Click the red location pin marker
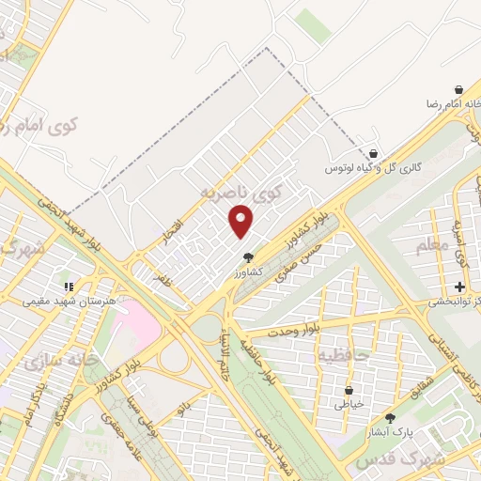241,222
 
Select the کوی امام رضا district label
42,123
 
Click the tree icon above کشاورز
248,256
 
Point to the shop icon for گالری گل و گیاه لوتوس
373,153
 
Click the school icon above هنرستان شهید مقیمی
68,285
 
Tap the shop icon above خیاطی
349,389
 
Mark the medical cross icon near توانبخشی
459,286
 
